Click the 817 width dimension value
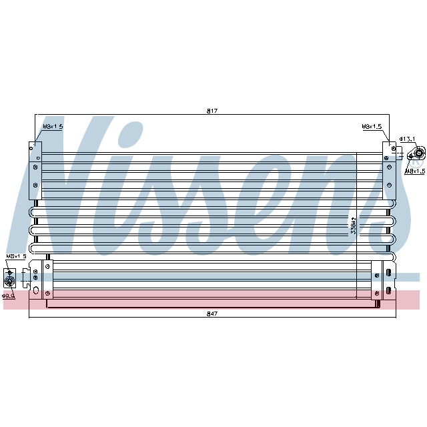click(x=213, y=110)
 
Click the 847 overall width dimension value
click(x=213, y=313)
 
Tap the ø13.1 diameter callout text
click(x=408, y=139)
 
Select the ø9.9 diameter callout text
click(x=9, y=296)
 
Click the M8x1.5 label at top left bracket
click(x=53, y=126)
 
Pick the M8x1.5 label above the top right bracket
click(x=372, y=126)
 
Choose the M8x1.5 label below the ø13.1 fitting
click(x=415, y=171)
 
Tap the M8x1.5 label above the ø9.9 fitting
click(x=16, y=256)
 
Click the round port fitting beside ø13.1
click(x=418, y=156)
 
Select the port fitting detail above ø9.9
click(x=11, y=276)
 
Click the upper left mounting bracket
click(x=35, y=169)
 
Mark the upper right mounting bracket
click(x=387, y=169)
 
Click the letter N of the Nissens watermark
click(x=53, y=193)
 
